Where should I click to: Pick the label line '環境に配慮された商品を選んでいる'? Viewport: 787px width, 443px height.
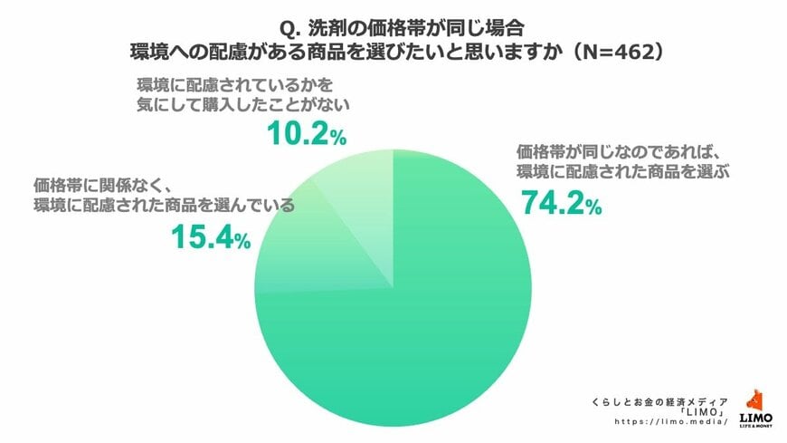[x=164, y=205]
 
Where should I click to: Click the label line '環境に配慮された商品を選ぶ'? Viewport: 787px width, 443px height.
[x=623, y=169]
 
